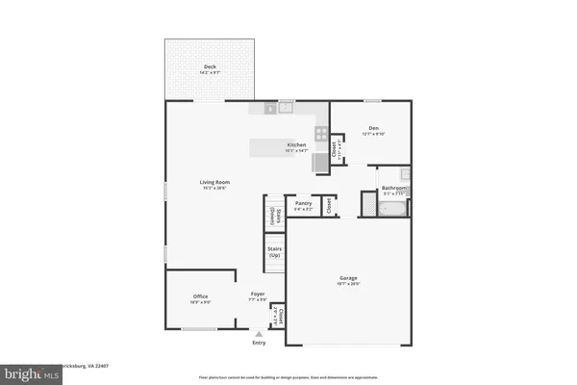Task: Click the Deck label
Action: pos(210,66)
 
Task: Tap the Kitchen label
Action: pos(295,144)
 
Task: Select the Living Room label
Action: pos(214,182)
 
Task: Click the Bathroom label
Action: pos(394,188)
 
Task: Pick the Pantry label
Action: pos(304,203)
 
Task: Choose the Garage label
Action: pos(347,278)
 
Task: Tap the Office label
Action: pos(201,295)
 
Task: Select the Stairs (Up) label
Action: pos(273,252)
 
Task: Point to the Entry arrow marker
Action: pos(258,333)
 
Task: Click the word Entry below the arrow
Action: pos(258,343)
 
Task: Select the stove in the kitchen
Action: pos(321,136)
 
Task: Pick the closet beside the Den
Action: pos(336,149)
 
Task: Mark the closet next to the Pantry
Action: pos(329,204)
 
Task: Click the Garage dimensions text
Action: pos(347,285)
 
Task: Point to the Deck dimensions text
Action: pos(210,73)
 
